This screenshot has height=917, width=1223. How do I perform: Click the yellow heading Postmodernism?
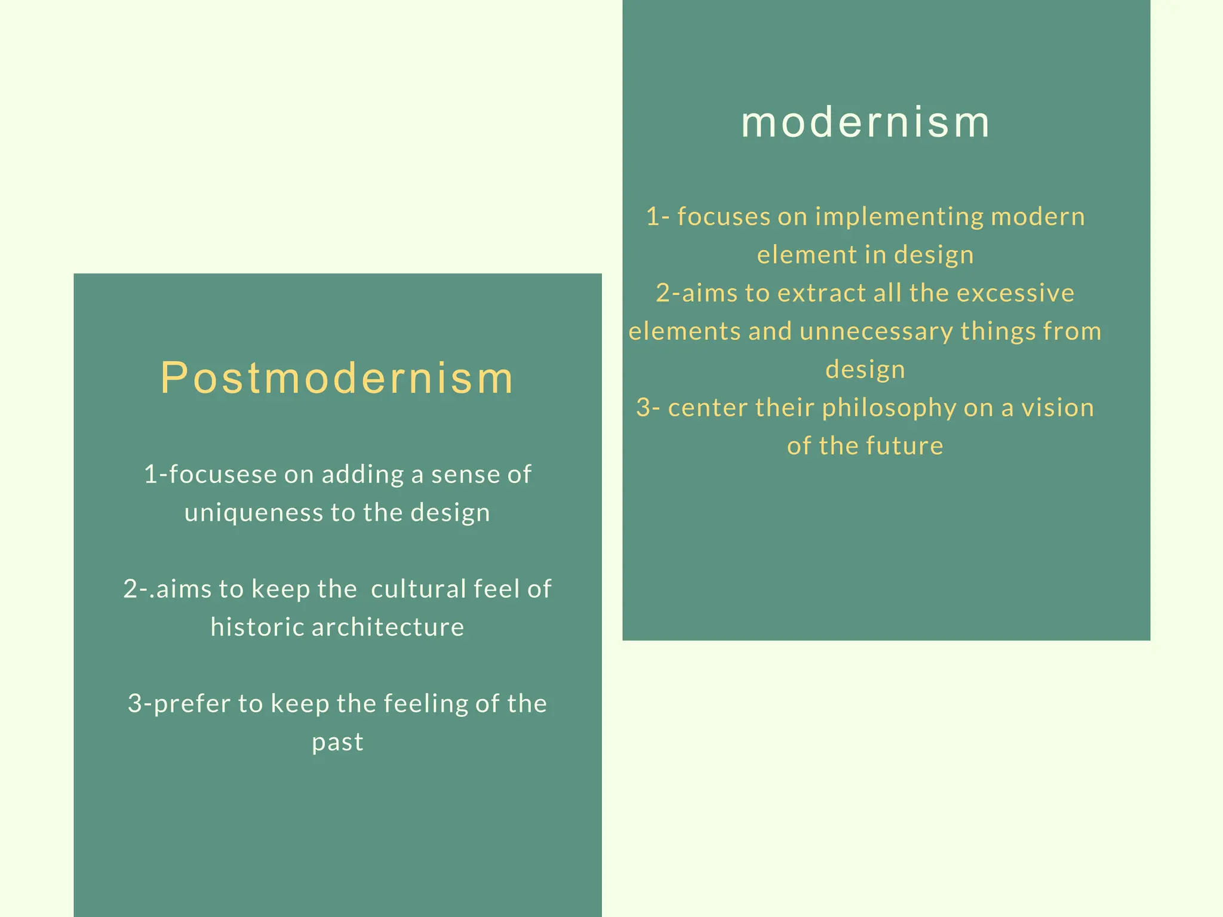point(337,379)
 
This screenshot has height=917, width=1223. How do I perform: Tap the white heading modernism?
point(865,122)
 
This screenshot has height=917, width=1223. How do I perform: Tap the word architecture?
point(388,627)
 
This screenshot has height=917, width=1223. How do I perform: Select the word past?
point(337,742)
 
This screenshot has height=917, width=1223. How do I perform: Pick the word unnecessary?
point(876,331)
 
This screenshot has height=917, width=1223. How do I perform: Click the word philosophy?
point(889,408)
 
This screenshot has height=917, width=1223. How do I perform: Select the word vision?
point(1058,408)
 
